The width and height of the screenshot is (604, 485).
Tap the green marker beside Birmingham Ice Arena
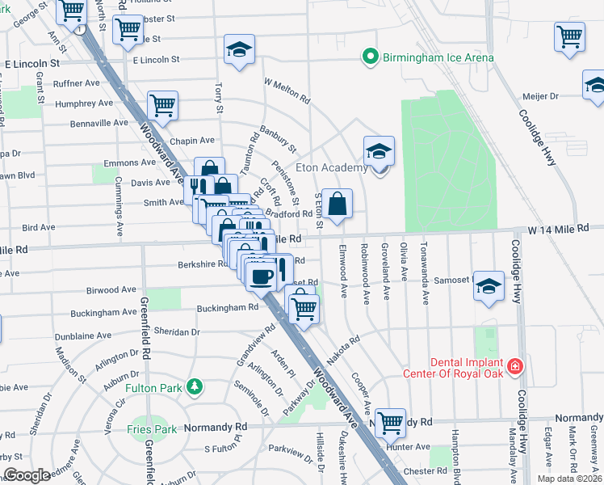(371, 57)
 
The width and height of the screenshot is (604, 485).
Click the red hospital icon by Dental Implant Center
(515, 368)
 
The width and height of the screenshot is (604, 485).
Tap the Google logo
(27, 475)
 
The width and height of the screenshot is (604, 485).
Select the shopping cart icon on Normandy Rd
(391, 421)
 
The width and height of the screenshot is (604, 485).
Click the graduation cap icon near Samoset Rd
(489, 288)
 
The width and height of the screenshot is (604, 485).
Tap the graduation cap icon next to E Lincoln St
(240, 49)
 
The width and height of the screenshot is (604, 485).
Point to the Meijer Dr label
(541, 96)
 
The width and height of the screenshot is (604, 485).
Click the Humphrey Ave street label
(84, 103)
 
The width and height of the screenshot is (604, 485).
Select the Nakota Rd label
(342, 351)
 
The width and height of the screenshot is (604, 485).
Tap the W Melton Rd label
(288, 88)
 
